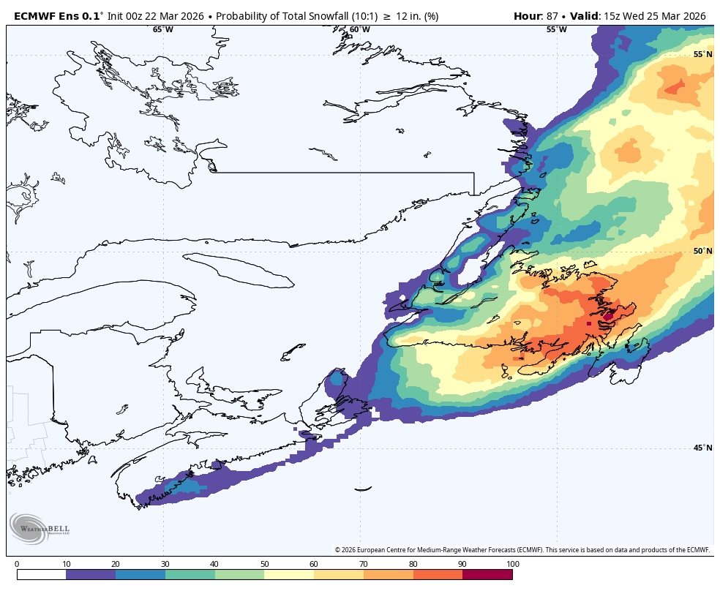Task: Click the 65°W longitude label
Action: (x=163, y=30)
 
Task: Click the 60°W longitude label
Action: (x=359, y=30)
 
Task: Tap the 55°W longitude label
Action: (x=556, y=30)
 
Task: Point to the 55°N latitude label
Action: (x=702, y=55)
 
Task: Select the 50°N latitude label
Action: (x=702, y=252)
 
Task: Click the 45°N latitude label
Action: (x=702, y=448)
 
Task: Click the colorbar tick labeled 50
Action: (x=264, y=564)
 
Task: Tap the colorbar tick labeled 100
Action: (x=512, y=564)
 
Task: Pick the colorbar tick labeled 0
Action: (x=17, y=564)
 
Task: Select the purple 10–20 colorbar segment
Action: (x=91, y=575)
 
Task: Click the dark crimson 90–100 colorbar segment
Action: (x=487, y=575)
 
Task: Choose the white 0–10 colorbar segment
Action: (x=41, y=575)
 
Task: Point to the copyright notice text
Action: (x=522, y=550)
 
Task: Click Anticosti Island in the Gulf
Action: (x=239, y=270)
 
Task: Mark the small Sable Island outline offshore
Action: (x=364, y=489)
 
